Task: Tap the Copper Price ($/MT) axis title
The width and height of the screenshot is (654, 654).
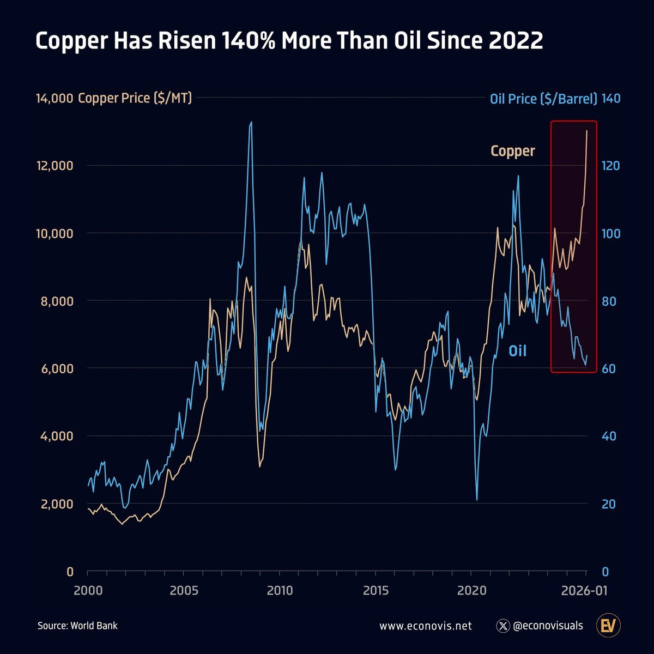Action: coord(135,98)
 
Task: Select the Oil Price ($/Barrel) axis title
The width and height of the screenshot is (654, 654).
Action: coord(543,99)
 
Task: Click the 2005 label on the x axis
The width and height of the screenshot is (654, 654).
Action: coord(184,591)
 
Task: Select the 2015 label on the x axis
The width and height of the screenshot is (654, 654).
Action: coord(376,591)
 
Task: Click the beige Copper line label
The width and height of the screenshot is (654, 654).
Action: coord(512,151)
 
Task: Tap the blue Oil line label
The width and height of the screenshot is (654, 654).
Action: coord(517,350)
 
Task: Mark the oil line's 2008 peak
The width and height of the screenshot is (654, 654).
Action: coord(251,123)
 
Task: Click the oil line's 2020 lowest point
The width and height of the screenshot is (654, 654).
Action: coord(477,499)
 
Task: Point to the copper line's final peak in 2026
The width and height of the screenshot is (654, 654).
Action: coord(587,131)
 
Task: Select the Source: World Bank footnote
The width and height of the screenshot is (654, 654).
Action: coord(77,626)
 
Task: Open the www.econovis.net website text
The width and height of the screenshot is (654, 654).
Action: coord(425,626)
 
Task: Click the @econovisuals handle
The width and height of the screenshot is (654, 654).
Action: coord(548,626)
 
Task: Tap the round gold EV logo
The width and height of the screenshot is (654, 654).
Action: coord(608,626)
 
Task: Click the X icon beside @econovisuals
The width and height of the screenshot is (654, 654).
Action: coord(503,626)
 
